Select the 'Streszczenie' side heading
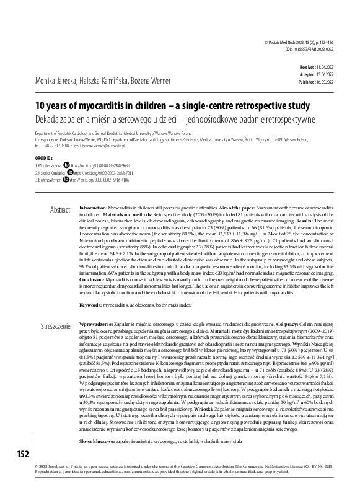click(x=56, y=325)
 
